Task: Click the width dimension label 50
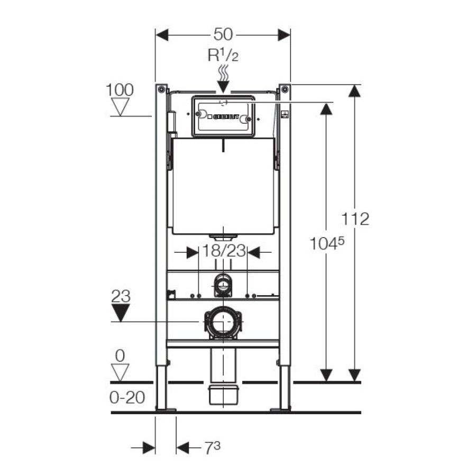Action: (x=223, y=34)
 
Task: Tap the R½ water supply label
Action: (x=223, y=55)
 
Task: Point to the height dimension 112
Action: (x=355, y=218)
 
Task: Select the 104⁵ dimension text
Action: (x=327, y=243)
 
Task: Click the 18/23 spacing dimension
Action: (x=224, y=251)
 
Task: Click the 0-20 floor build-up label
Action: (x=127, y=397)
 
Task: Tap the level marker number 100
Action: (x=120, y=90)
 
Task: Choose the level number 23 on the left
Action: (x=121, y=296)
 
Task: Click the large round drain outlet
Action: (x=223, y=323)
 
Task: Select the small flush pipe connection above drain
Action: (x=223, y=285)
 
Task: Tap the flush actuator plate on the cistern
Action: (x=223, y=116)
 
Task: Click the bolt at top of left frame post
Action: (x=161, y=89)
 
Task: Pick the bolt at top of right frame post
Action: (x=285, y=89)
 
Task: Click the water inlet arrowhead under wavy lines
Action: (x=223, y=87)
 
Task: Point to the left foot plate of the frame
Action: (x=166, y=410)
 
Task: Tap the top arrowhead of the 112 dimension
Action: (x=354, y=91)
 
